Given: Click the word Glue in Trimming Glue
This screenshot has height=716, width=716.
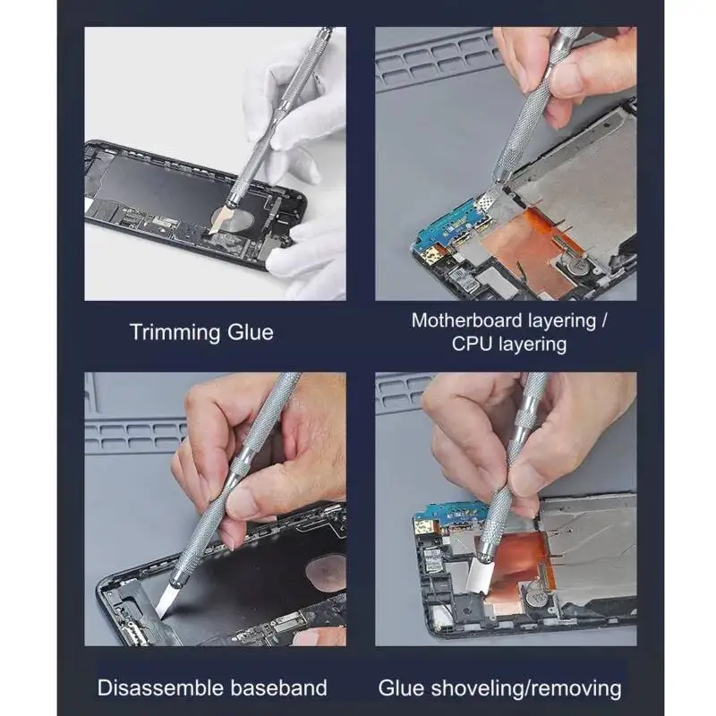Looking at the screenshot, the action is tap(251, 331).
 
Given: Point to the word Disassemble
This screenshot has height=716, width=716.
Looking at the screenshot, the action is tap(160, 687).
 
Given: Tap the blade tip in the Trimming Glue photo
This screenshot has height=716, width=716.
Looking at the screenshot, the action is tap(211, 234).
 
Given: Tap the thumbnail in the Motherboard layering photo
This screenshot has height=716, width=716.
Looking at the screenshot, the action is tap(567, 80).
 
